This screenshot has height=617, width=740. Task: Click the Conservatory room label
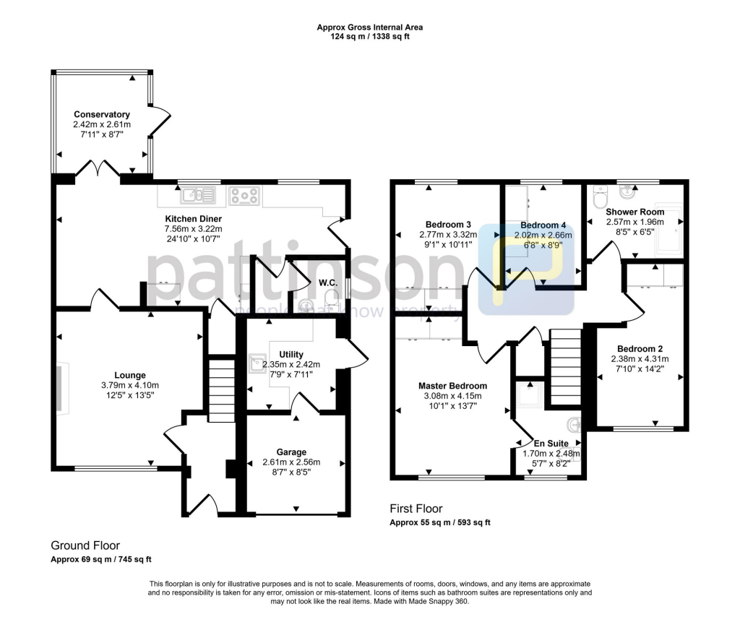pos(102,114)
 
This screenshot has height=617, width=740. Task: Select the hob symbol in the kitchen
pos(244,194)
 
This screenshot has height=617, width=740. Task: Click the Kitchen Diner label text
pos(193,219)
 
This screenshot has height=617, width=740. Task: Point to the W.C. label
pos(329,282)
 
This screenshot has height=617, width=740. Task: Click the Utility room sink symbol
pos(257,363)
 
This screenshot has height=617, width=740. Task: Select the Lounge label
pos(129,375)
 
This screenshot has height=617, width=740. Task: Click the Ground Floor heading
pos(85,545)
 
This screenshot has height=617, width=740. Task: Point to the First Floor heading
pos(416,509)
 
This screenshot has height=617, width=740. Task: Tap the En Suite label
pos(551,443)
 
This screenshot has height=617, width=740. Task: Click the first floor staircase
pos(566,366)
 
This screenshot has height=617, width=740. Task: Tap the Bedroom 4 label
pos(542,225)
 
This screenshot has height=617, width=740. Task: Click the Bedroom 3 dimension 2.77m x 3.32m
pos(448,235)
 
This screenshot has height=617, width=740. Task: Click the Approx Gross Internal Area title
pos(370,27)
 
